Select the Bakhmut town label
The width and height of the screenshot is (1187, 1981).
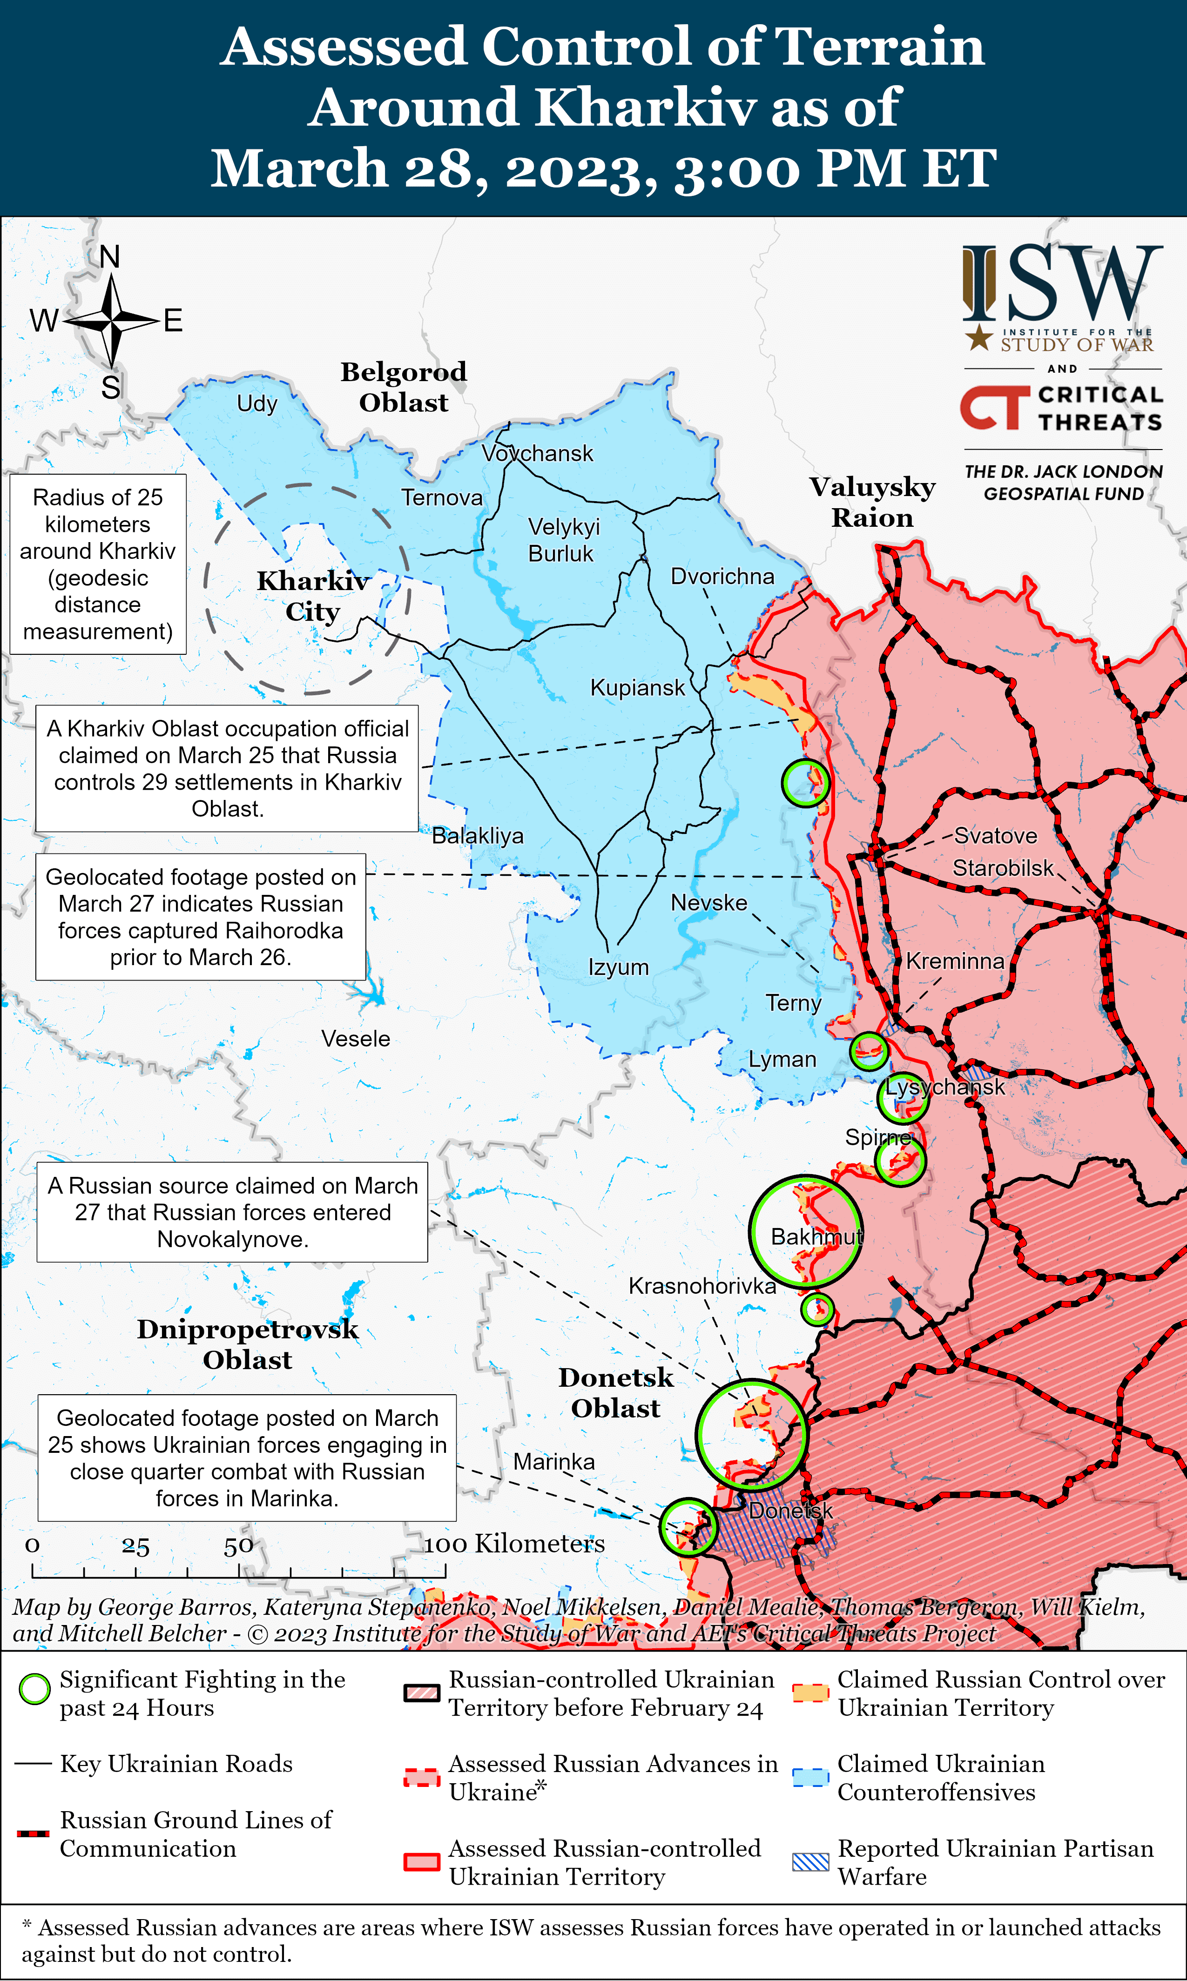coord(816,1237)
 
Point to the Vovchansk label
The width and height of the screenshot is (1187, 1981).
coord(538,453)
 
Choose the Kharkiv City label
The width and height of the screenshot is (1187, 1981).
coord(313,596)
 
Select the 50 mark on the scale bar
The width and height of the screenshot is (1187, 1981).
coord(238,1545)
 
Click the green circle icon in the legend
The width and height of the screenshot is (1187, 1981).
coord(34,1689)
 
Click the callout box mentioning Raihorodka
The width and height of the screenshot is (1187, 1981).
coord(201,916)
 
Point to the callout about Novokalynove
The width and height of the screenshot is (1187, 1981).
coord(232,1212)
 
